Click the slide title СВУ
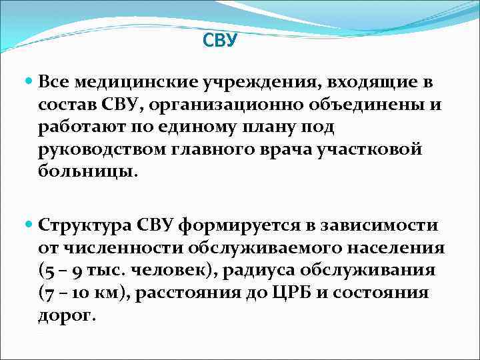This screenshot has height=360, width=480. (x=219, y=41)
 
